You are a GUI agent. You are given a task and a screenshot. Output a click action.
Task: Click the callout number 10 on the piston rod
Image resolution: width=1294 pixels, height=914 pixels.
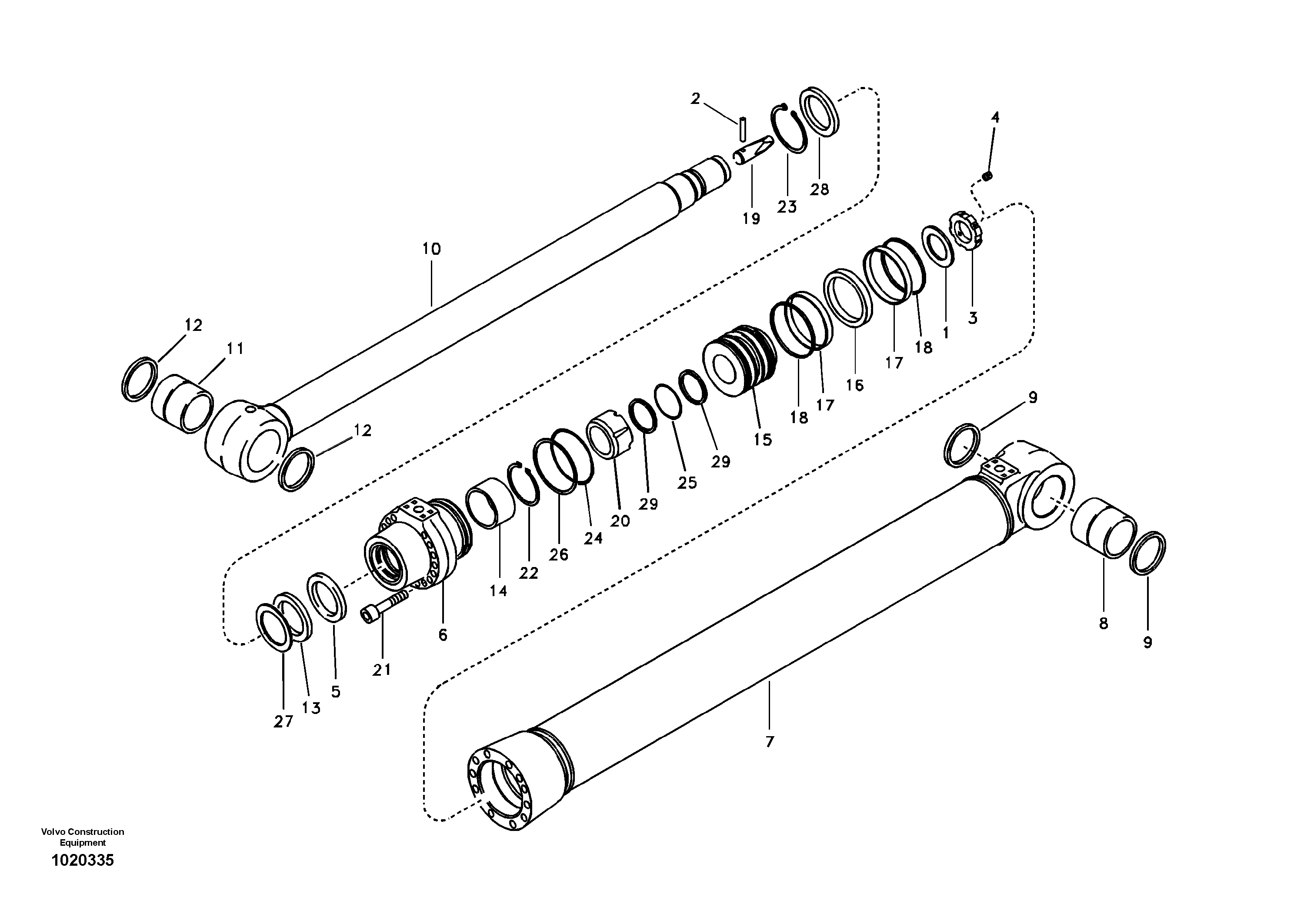(x=431, y=249)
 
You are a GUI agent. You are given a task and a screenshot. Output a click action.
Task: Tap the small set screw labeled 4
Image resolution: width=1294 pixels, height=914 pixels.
(x=986, y=177)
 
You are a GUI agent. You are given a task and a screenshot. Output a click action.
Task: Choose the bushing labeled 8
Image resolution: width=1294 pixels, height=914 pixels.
(x=1102, y=527)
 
